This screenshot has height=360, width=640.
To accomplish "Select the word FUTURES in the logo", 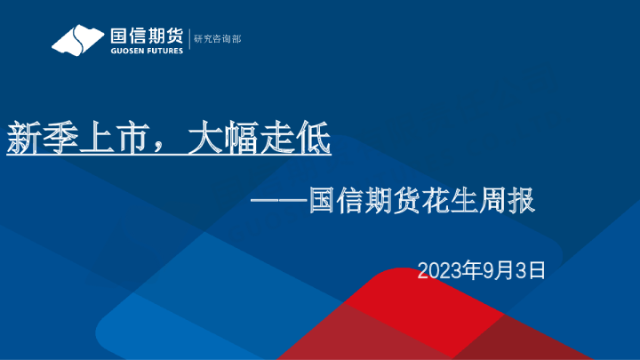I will [x=166, y=51].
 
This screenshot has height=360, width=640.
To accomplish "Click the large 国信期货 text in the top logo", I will [x=146, y=36].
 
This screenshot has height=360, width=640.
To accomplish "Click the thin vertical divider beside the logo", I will [x=188, y=40].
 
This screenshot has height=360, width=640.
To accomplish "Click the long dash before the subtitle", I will [x=279, y=201].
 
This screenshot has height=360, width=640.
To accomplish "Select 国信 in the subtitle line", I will [x=336, y=201].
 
